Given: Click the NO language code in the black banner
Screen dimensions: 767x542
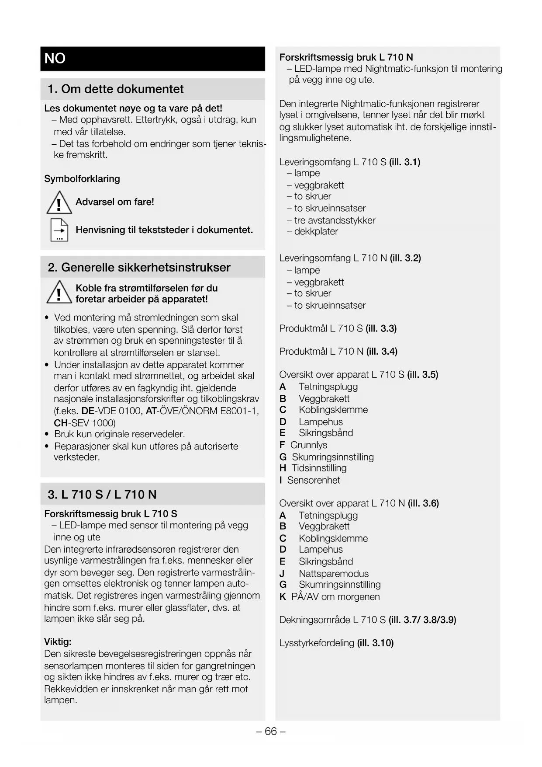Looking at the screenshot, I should [x=55, y=58].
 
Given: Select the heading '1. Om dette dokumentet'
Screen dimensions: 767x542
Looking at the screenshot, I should [x=115, y=89].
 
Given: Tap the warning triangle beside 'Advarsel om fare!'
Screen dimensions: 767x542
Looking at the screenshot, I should [x=59, y=203].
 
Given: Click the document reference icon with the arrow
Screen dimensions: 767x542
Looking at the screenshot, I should [x=59, y=230].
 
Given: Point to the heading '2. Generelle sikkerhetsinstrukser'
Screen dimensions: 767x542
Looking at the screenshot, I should [x=139, y=268].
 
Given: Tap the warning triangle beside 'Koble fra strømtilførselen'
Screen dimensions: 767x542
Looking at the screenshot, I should [x=59, y=293].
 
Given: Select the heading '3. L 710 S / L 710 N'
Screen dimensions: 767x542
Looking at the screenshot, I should [x=102, y=495].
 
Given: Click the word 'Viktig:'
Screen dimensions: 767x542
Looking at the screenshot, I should [x=58, y=642].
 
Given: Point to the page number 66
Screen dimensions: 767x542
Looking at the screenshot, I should [x=271, y=732].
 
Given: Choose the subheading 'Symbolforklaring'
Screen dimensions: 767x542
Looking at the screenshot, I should [x=82, y=179].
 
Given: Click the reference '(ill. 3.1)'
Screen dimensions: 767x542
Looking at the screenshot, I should [x=404, y=162].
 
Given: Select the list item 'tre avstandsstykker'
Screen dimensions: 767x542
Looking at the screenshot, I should [x=335, y=220].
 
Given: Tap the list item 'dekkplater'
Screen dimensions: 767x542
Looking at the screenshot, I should [x=316, y=231].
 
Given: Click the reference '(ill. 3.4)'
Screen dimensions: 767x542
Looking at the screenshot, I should [x=382, y=352].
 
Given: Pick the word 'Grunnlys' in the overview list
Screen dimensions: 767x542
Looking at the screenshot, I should [x=309, y=445].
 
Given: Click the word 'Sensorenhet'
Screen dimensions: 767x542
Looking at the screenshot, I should [x=314, y=480].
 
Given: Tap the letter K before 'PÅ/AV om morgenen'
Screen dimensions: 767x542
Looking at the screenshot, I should [x=283, y=597].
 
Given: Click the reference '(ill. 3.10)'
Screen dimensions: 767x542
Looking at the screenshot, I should [x=375, y=643].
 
